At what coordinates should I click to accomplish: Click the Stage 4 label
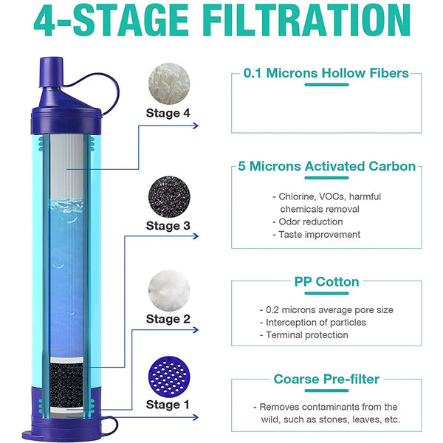pyautogui.click(x=168, y=113)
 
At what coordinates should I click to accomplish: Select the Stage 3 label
pyautogui.click(x=168, y=225)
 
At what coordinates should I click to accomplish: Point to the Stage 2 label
pyautogui.click(x=168, y=319)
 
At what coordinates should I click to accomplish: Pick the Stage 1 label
pyautogui.click(x=168, y=404)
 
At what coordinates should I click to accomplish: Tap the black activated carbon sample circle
pyautogui.click(x=169, y=196)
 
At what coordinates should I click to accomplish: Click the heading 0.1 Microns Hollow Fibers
pyautogui.click(x=326, y=75)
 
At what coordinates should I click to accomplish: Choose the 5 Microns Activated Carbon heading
pyautogui.click(x=326, y=167)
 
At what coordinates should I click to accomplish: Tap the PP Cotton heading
pyautogui.click(x=326, y=282)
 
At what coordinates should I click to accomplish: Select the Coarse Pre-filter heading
pyautogui.click(x=326, y=380)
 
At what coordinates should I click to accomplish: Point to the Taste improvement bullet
pyautogui.click(x=315, y=235)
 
